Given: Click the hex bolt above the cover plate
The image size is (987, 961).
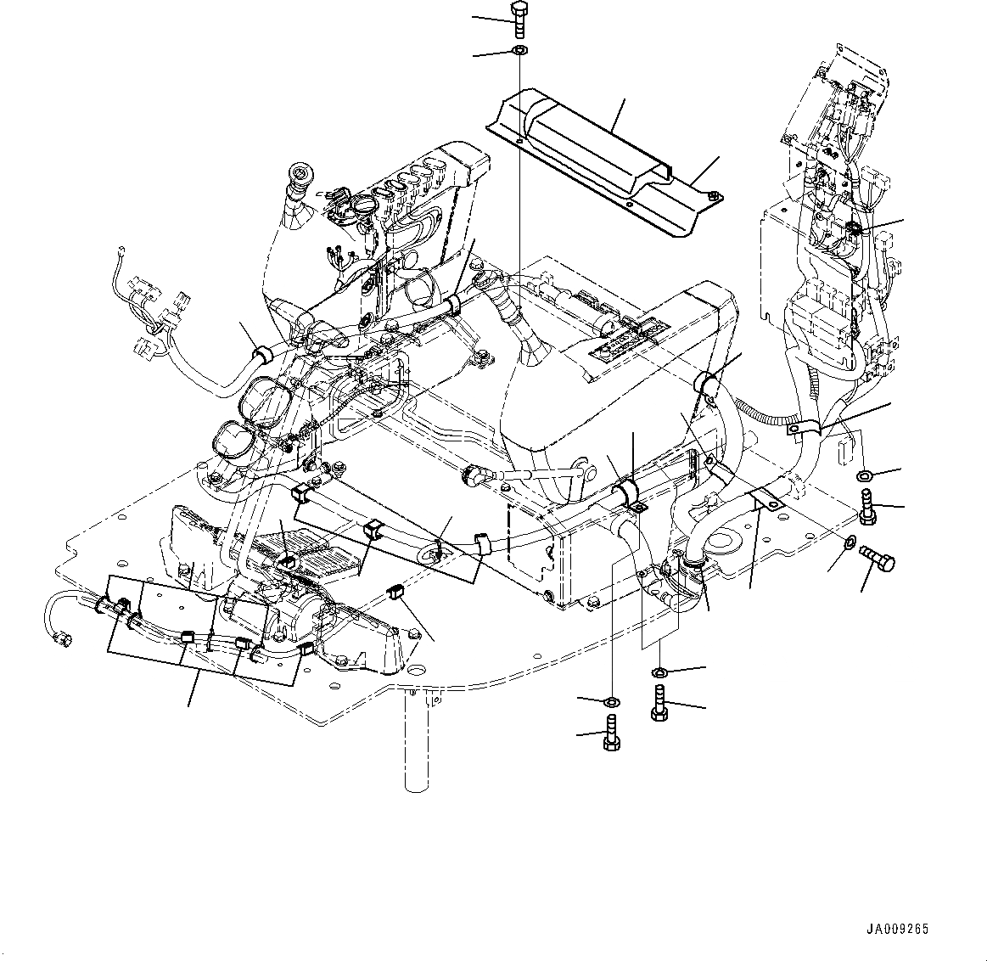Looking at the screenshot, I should (x=520, y=18).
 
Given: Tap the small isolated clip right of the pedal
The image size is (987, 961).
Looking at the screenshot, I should (x=394, y=592).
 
